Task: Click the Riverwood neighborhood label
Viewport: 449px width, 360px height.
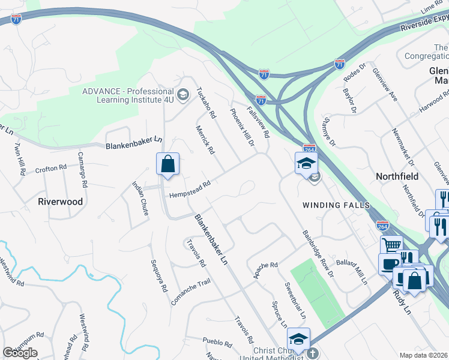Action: coord(60,202)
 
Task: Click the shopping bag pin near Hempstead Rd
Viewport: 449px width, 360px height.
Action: coord(168,164)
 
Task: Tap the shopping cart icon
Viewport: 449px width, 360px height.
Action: coord(391,245)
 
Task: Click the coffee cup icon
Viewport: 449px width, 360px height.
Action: coord(389,263)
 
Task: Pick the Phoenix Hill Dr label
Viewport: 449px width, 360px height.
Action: coord(243,127)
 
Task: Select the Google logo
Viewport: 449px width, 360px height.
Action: coord(20,353)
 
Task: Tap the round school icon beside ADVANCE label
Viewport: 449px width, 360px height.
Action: coord(183,94)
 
